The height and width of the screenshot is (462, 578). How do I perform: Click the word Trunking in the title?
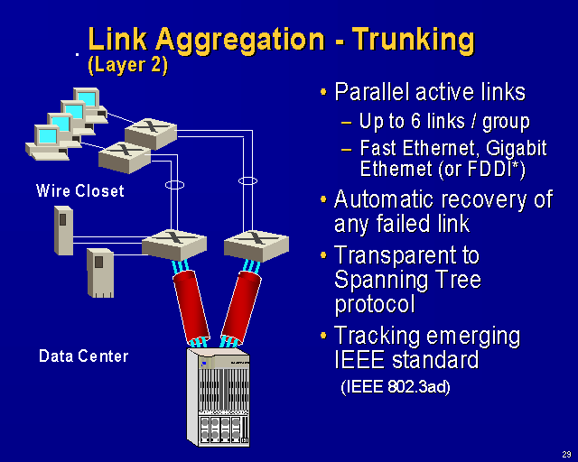413,40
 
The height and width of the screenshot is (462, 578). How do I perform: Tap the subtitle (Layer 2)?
127,65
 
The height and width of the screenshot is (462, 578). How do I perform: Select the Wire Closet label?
80,191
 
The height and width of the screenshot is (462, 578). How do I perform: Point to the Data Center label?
84,356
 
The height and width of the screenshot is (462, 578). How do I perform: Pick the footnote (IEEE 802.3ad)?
396,388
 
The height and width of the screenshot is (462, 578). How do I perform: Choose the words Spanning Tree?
406,280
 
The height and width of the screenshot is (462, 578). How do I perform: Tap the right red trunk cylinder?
242,304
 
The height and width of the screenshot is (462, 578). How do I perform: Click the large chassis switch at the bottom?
217,398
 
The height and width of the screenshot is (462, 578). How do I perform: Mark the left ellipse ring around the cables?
175,184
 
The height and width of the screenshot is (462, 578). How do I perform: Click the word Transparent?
406,255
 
